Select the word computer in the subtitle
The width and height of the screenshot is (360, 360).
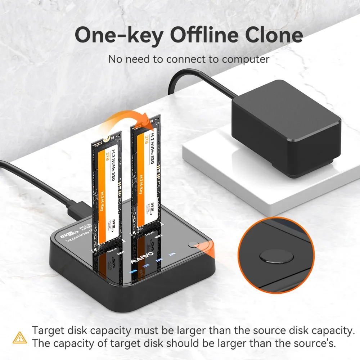click(245, 59)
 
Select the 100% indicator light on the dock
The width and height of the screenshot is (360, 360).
click(134, 270)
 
